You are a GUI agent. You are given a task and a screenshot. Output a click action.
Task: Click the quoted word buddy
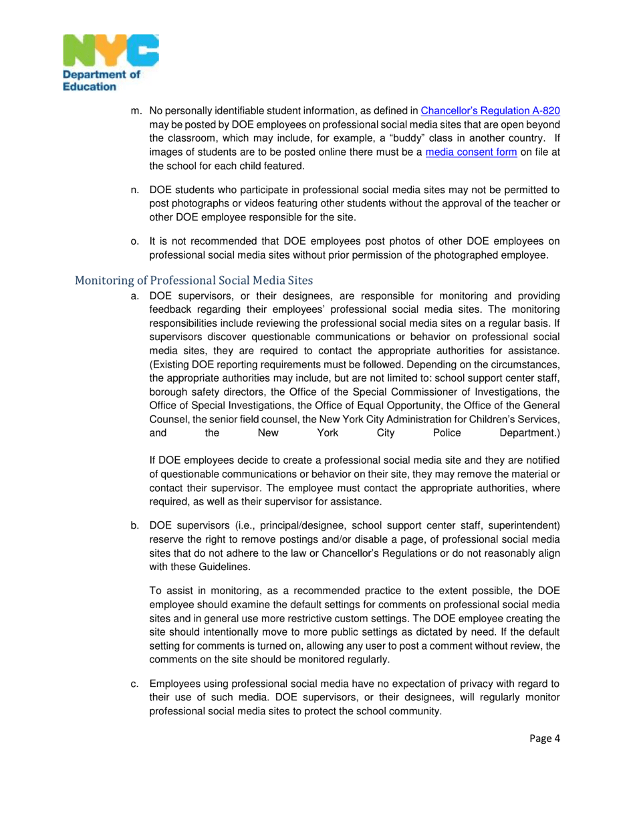point(416,138)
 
